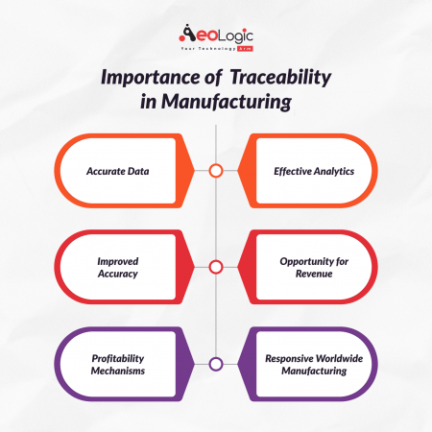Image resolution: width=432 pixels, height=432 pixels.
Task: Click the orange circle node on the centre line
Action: (x=216, y=172)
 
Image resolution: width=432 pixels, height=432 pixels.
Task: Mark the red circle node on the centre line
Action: (x=216, y=267)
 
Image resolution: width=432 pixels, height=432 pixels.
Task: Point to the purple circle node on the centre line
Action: (x=216, y=363)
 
